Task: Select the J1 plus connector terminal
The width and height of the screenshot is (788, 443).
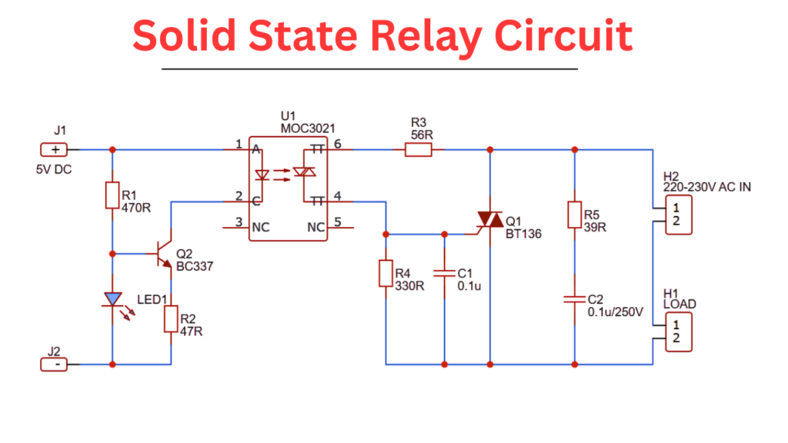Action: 54,149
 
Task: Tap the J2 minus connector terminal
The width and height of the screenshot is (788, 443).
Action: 54,364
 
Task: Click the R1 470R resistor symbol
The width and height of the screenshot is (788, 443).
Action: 112,195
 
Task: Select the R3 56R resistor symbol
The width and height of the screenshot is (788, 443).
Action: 419,149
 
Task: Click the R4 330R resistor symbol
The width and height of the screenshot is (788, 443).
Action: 386,273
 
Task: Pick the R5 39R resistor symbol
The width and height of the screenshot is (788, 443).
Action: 574,215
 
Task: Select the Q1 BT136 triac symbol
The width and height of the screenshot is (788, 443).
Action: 489,220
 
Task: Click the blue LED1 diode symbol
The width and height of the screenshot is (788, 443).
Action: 113,298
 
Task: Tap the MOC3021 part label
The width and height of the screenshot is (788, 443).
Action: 308,128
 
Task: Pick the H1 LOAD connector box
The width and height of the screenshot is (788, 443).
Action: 679,331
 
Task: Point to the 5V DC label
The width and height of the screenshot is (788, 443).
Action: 54,169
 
